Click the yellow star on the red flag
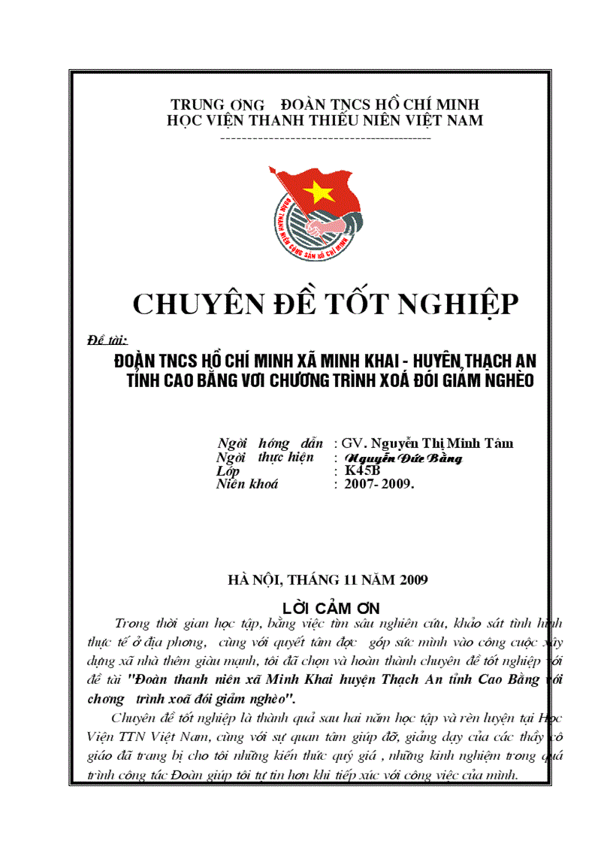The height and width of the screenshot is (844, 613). click(321, 192)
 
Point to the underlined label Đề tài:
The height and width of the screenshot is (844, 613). click(107, 339)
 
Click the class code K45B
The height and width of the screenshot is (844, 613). click(363, 470)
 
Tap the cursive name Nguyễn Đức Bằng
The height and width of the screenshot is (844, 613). click(403, 458)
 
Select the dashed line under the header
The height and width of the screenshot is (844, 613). click(325, 138)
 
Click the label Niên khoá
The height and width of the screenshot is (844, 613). click(246, 484)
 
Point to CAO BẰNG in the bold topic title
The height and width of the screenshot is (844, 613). click(203, 380)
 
